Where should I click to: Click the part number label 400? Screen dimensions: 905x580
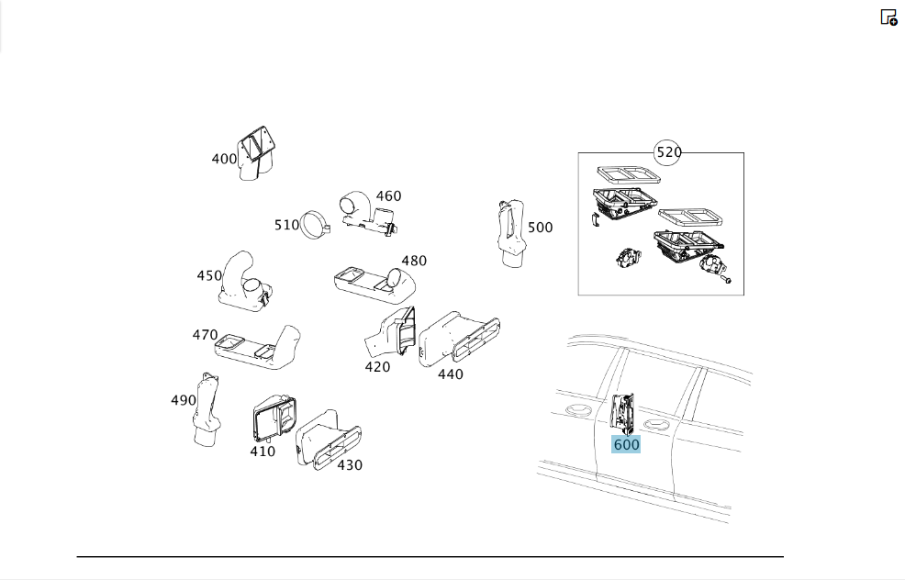coord(224,159)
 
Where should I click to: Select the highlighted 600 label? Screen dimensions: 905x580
coord(626,444)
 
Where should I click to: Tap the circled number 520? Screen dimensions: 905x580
coord(669,152)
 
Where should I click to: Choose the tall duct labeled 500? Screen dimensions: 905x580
coord(511,233)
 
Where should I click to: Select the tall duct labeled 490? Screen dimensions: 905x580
coord(207,409)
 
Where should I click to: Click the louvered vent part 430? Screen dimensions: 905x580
coord(329,440)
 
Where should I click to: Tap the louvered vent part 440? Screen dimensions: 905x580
coord(460,339)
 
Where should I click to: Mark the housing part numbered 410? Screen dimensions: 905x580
coord(274,419)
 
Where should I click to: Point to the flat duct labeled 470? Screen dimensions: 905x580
coord(258,348)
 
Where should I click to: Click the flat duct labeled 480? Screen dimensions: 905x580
coord(374,284)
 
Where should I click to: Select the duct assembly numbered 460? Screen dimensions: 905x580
coord(368,214)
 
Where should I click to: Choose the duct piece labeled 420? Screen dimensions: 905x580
coord(391,333)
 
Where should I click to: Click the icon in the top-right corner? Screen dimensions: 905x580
coord(888,17)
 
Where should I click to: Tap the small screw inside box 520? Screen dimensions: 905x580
coord(726,279)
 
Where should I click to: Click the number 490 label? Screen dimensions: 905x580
coord(184,400)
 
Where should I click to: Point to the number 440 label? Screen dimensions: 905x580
coord(450,374)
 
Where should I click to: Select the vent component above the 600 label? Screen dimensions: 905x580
coord(623,413)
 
